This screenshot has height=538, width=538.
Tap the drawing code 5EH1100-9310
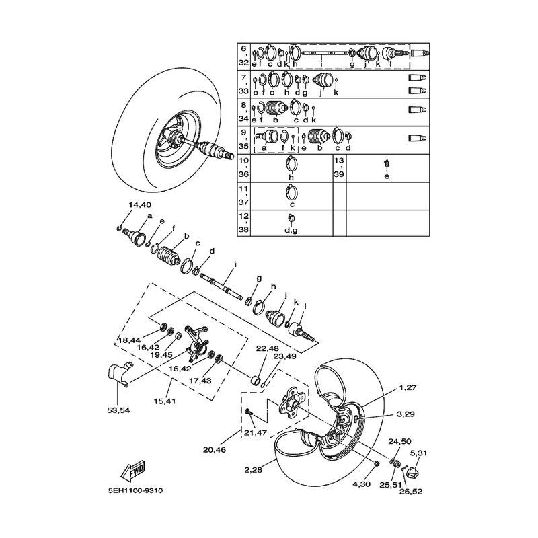pos(135,491)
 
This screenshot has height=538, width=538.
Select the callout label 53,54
pos(118,410)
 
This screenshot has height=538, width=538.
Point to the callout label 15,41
pos(165,401)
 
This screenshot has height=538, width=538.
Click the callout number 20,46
pos(215,449)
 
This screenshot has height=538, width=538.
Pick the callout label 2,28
pos(254,470)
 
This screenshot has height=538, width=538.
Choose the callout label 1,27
pos(408,388)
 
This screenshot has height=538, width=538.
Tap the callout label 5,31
pos(418,453)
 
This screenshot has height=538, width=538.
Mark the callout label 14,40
pos(140,205)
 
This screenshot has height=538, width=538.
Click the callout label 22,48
pos(268,349)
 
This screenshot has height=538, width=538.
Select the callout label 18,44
pos(129,340)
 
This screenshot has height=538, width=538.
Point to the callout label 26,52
pos(411,492)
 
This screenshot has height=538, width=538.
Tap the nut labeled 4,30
pos(376,464)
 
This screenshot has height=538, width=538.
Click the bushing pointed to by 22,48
pos(255,381)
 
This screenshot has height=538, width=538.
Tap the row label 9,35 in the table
pos(243,139)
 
